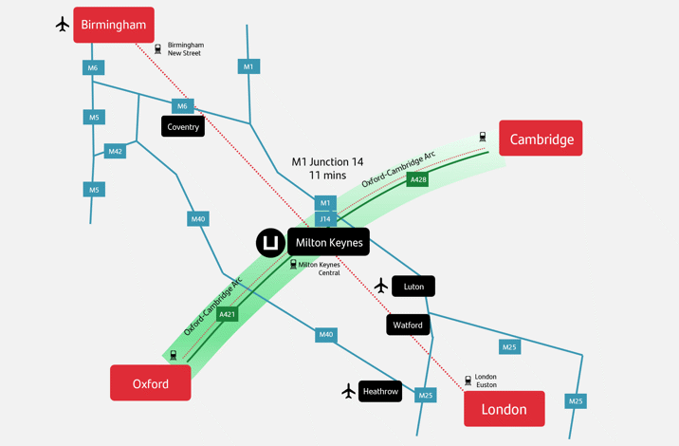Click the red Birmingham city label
113,25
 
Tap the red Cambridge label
541,139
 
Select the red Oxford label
150,383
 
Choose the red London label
504,409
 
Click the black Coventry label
183,126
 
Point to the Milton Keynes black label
328,242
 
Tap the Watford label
408,325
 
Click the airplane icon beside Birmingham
63,25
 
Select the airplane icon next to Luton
381,286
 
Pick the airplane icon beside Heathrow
349,391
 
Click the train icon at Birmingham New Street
158,48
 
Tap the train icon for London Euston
468,381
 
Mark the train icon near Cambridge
483,138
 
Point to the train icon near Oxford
174,356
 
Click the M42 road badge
115,151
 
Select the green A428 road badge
417,178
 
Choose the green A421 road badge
227,314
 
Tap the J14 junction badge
325,219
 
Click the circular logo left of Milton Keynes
270,243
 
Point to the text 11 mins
327,176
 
